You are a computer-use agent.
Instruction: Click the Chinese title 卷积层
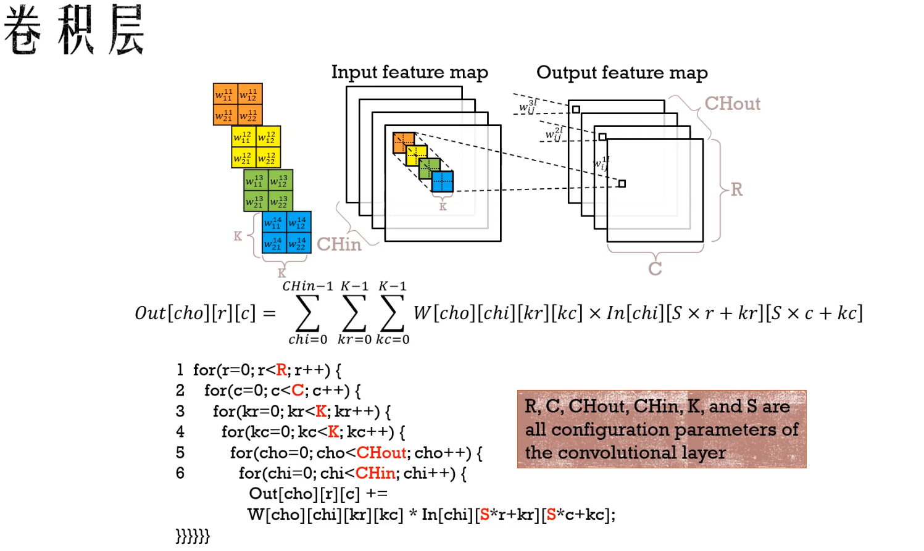click(x=74, y=30)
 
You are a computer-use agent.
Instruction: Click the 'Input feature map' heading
click(x=409, y=72)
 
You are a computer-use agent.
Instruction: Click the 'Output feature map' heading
click(x=622, y=73)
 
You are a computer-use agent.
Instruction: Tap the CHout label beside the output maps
click(x=732, y=104)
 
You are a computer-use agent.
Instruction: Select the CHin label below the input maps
click(x=339, y=244)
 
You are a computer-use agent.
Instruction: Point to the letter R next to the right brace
click(x=736, y=189)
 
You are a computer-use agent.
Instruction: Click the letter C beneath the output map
click(x=655, y=269)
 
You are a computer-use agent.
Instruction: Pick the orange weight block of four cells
click(x=238, y=104)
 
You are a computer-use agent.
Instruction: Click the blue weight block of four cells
click(x=286, y=233)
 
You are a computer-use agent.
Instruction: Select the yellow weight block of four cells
click(x=256, y=147)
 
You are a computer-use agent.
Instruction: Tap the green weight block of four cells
click(x=268, y=190)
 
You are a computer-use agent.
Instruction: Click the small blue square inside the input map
click(x=442, y=181)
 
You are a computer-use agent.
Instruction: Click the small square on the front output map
click(x=622, y=183)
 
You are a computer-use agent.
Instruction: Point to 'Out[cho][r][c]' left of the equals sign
click(x=195, y=313)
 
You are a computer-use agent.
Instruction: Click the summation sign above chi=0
click(x=307, y=313)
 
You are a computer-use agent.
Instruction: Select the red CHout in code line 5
click(x=381, y=453)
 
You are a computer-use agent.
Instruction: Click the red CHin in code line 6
click(x=375, y=473)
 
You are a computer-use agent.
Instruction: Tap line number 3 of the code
click(x=180, y=412)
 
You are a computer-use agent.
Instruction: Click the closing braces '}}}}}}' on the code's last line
click(x=193, y=536)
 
